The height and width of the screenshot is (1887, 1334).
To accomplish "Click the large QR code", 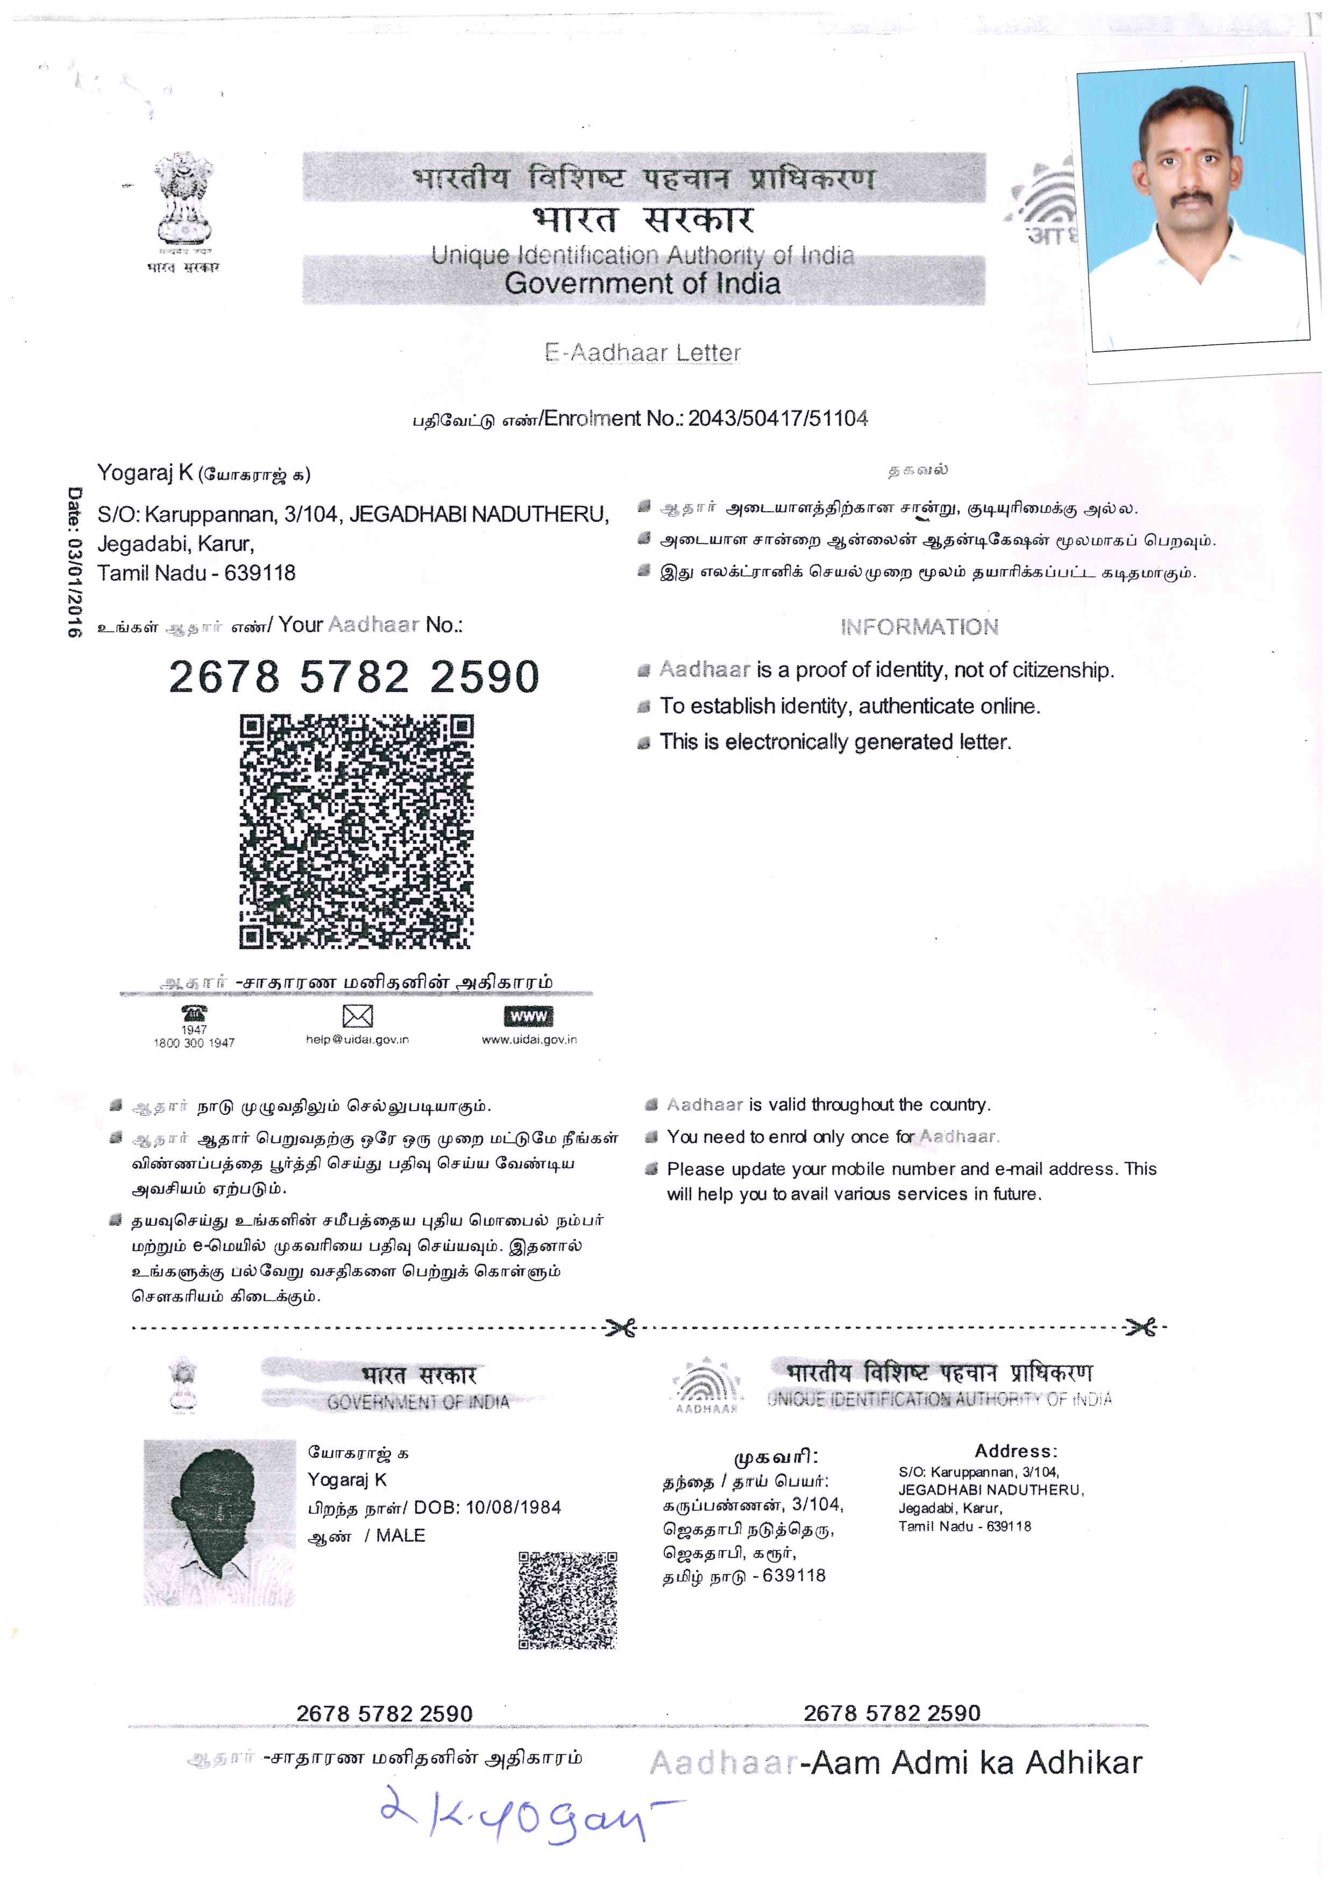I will point(357,831).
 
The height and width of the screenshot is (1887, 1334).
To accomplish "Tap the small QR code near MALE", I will point(567,1599).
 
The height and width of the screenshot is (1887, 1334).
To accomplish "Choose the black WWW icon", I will point(528,1016).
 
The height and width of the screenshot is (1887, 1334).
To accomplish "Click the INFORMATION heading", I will point(919,627).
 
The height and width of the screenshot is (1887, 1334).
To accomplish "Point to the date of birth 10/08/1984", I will point(513,1507).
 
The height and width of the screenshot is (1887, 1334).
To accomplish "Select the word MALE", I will point(401,1535).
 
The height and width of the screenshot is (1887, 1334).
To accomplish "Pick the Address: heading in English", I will point(1016,1451).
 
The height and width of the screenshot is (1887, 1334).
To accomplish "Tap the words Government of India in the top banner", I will point(642,282).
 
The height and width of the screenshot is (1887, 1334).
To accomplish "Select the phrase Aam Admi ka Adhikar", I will point(976,1763).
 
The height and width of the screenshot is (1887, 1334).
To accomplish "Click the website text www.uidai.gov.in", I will point(529,1040).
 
